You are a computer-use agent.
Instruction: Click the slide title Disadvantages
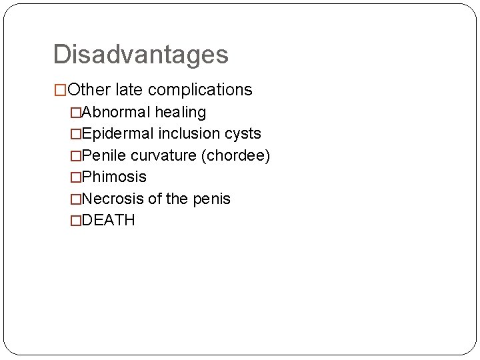click(x=141, y=55)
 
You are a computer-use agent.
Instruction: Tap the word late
click(x=128, y=89)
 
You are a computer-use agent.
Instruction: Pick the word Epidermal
click(x=117, y=133)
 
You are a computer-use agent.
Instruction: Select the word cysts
click(x=242, y=133)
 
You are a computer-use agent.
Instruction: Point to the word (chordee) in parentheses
click(x=237, y=155)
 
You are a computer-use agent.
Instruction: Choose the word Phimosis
click(x=113, y=177)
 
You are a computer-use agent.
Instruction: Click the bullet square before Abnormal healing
click(x=75, y=112)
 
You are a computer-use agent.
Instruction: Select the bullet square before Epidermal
click(x=75, y=134)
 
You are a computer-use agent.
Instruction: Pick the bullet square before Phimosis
click(x=75, y=177)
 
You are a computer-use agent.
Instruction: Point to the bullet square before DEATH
click(x=75, y=221)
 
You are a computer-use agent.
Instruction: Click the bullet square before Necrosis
click(x=75, y=199)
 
